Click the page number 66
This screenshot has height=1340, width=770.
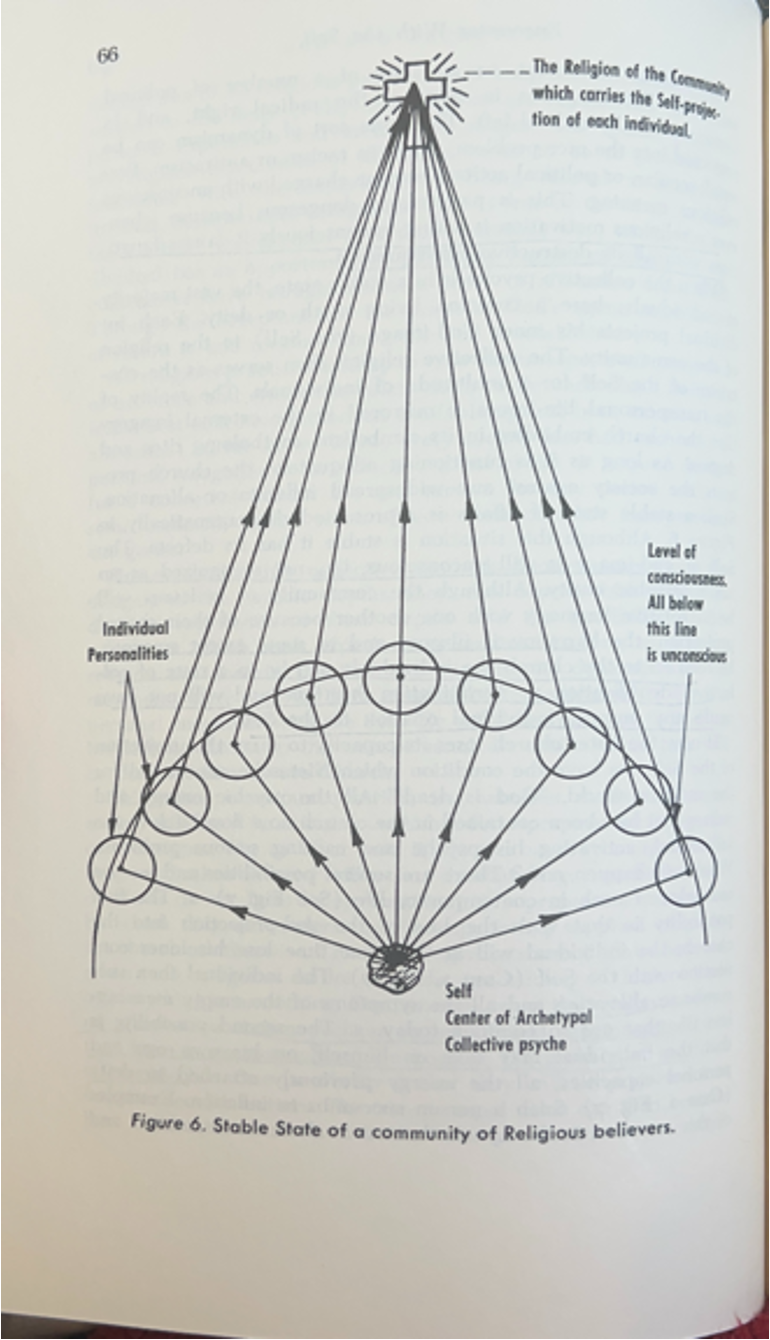[107, 55]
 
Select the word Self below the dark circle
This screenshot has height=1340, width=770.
[457, 995]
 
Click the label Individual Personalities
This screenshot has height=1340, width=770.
[135, 641]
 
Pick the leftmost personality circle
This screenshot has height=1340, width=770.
[122, 868]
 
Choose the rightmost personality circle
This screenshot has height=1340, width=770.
[686, 871]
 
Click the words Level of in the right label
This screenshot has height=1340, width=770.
[671, 552]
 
